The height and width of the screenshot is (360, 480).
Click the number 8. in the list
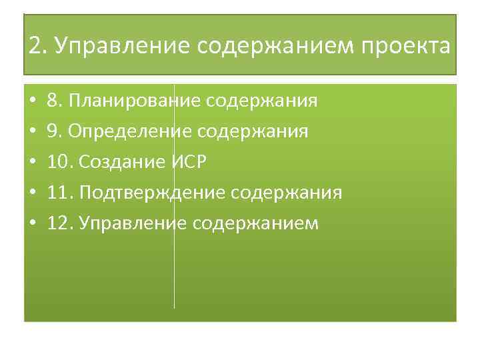(x=54, y=101)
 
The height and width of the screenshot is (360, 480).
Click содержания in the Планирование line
(x=262, y=101)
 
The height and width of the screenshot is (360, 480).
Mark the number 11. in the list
(x=59, y=193)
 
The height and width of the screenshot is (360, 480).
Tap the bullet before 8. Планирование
(x=32, y=102)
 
